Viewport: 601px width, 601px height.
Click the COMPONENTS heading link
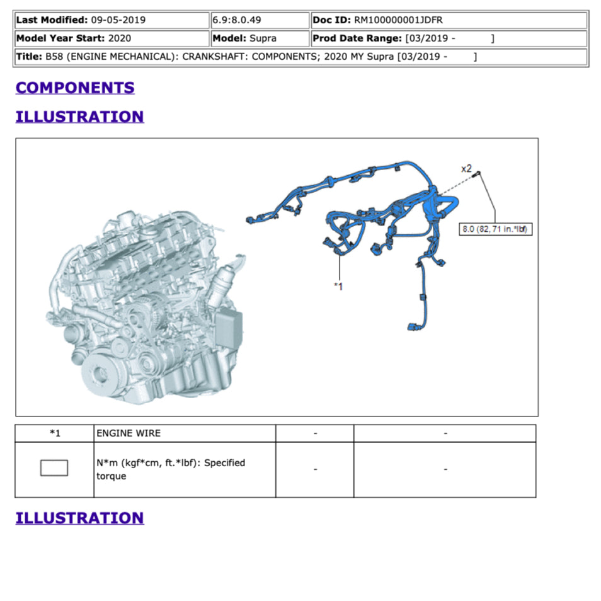[x=75, y=88]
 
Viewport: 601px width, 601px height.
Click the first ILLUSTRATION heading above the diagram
[x=80, y=117]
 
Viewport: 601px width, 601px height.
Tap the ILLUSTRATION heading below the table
[x=80, y=518]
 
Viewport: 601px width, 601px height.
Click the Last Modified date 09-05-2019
[x=118, y=20]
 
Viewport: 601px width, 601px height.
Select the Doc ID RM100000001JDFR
[x=398, y=20]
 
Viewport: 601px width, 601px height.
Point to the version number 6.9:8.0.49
[x=236, y=20]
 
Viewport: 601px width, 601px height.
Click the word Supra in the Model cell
[x=263, y=38]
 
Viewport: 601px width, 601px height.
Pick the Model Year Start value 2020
[x=120, y=38]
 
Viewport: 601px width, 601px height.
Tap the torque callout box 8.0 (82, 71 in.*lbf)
[x=495, y=229]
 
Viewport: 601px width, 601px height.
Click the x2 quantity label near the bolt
[x=466, y=169]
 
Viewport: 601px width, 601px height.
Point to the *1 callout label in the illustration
[x=338, y=286]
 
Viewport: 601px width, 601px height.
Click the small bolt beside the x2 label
[x=476, y=175]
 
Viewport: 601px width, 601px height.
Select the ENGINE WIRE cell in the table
[x=129, y=433]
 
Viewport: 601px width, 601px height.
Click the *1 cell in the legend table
[x=55, y=433]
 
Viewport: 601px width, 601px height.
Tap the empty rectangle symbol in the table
[x=54, y=467]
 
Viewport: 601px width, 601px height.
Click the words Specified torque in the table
[x=171, y=469]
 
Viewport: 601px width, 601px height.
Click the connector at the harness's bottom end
[x=415, y=327]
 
